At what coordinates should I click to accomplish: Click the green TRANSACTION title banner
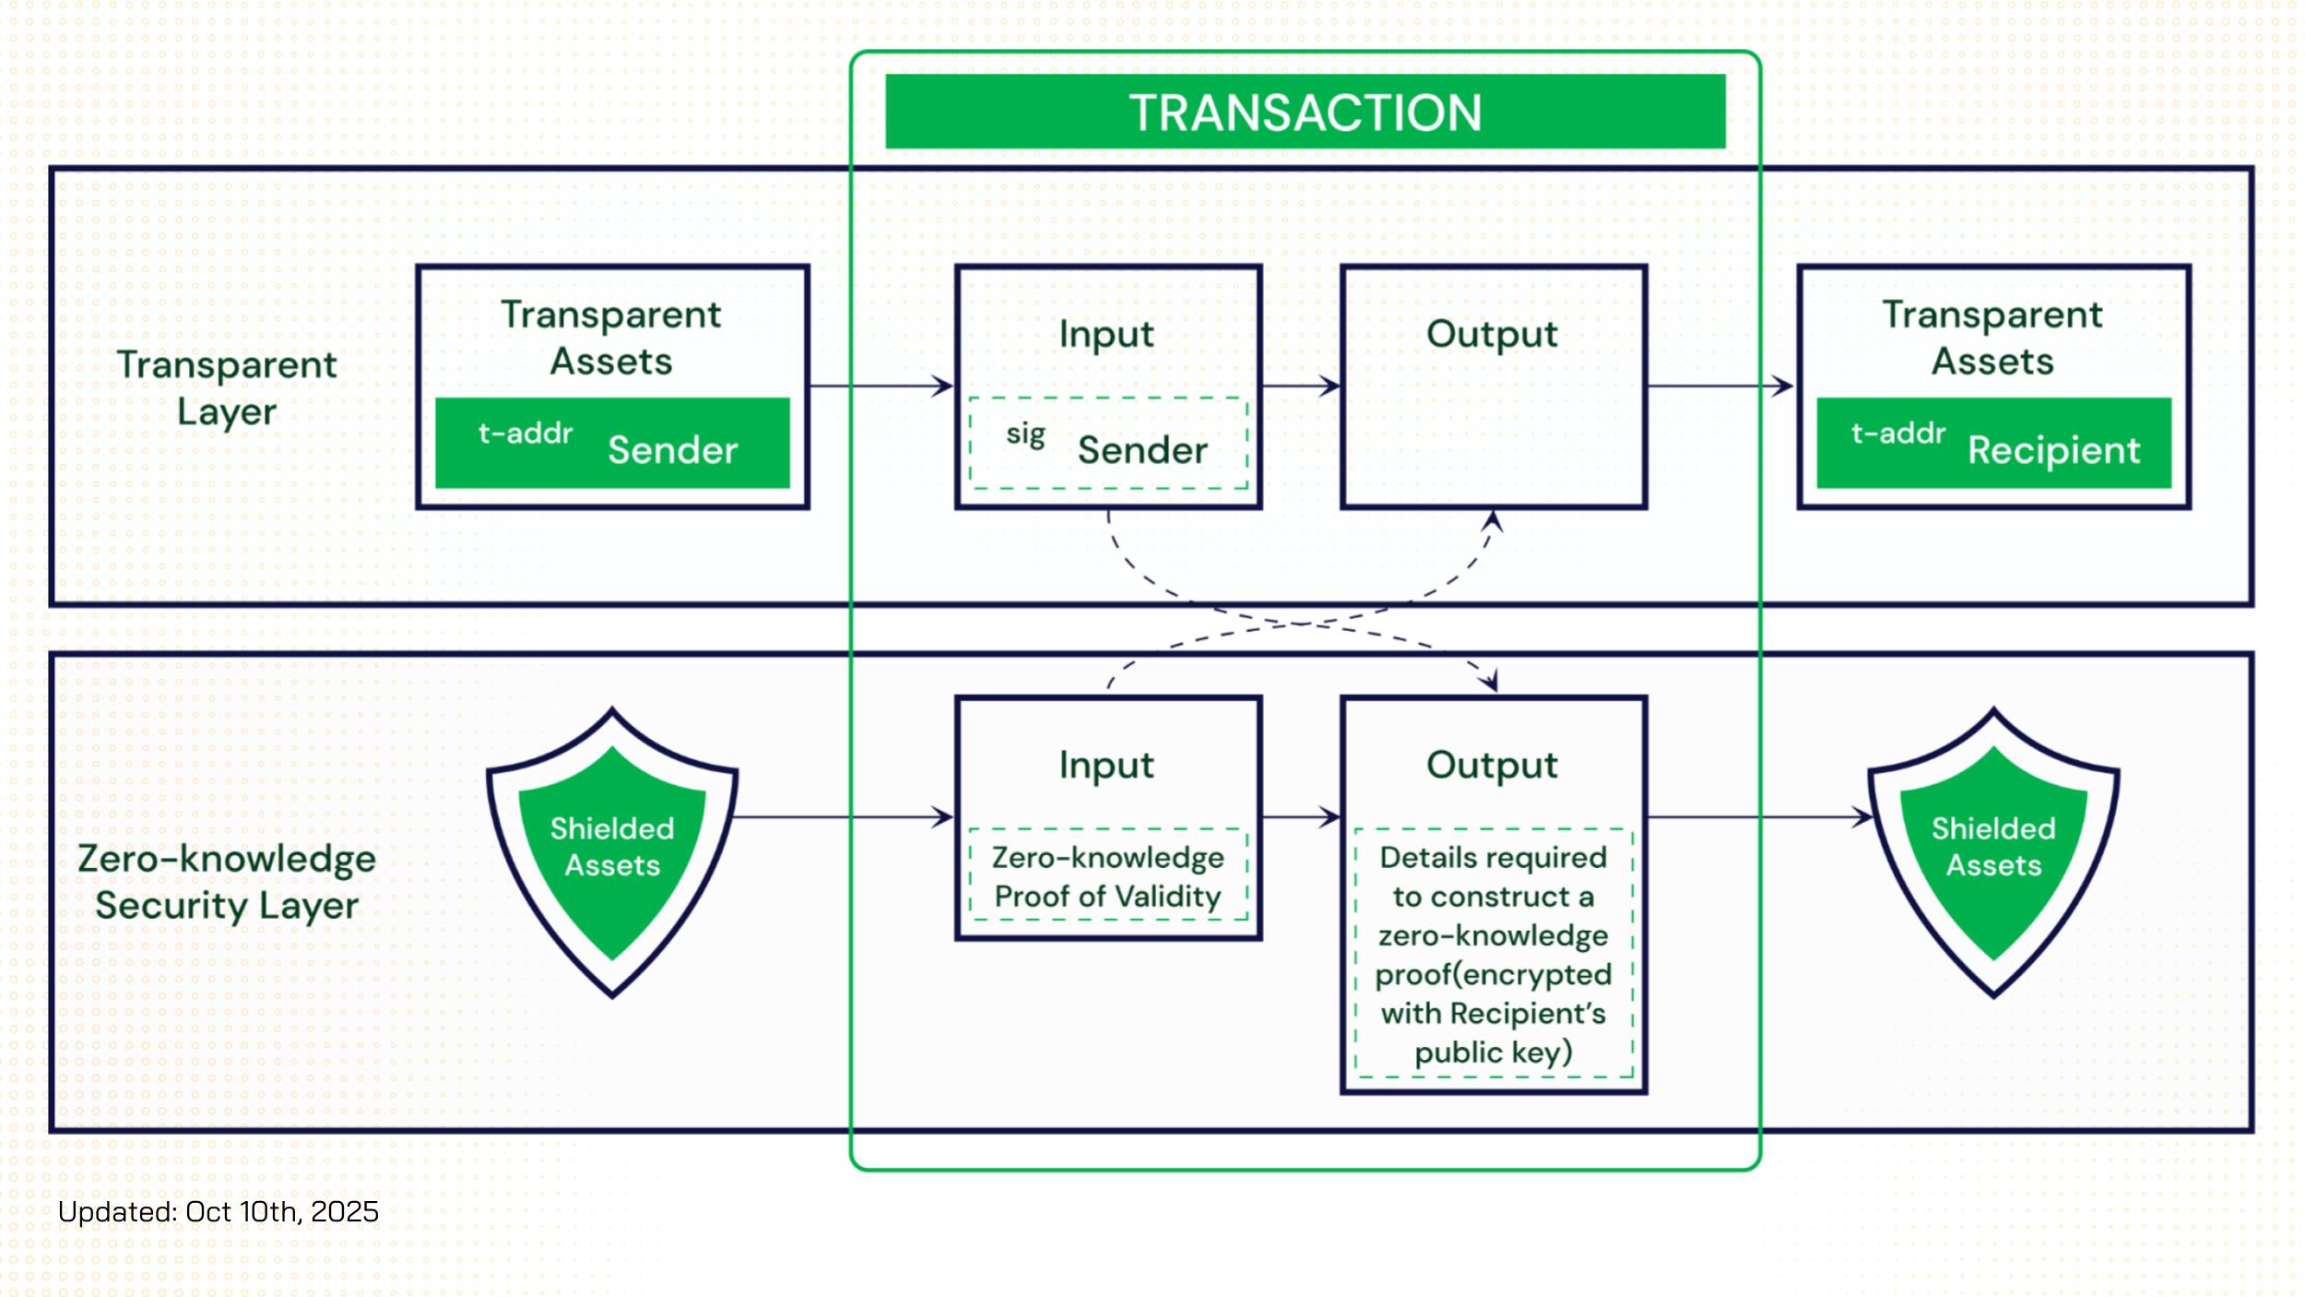(1305, 112)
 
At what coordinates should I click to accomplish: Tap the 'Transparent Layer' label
(227, 387)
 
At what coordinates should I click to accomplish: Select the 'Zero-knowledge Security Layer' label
(227, 881)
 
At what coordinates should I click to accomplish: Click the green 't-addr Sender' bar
(612, 443)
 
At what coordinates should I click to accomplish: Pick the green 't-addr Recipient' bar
(1993, 443)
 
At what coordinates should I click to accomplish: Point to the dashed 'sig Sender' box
(1108, 443)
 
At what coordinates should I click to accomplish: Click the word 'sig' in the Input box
(1025, 433)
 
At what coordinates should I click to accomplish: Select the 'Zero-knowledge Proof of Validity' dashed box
(1108, 875)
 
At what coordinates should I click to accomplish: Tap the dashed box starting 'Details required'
(1494, 954)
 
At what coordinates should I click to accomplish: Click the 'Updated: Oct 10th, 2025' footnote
(219, 1211)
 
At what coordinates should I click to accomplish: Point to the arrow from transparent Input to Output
(1301, 386)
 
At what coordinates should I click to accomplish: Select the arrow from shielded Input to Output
(1301, 816)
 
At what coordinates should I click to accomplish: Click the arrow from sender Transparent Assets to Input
(881, 386)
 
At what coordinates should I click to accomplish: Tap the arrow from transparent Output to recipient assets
(1720, 386)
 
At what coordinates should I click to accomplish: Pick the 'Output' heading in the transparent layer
(1492, 334)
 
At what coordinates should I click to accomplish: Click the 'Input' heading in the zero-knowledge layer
(1106, 765)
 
